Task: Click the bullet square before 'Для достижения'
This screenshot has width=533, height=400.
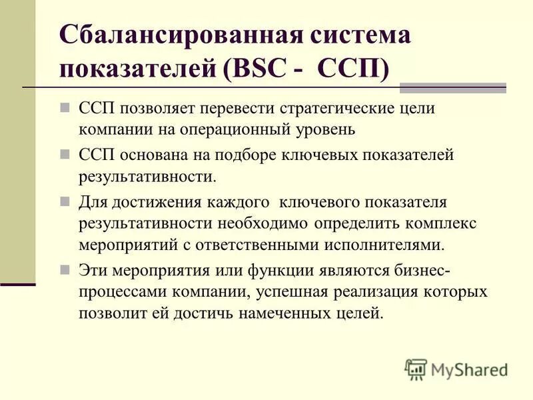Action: (x=65, y=200)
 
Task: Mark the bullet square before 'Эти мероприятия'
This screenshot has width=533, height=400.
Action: (x=65, y=270)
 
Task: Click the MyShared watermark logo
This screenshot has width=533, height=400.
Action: (x=457, y=369)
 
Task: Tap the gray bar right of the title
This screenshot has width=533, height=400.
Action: (x=452, y=87)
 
